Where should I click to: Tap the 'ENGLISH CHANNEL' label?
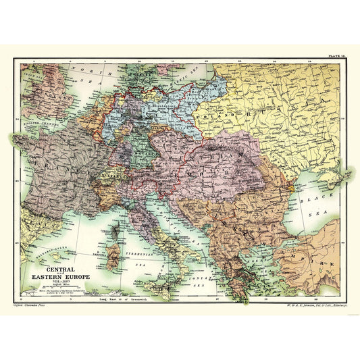(35, 126)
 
